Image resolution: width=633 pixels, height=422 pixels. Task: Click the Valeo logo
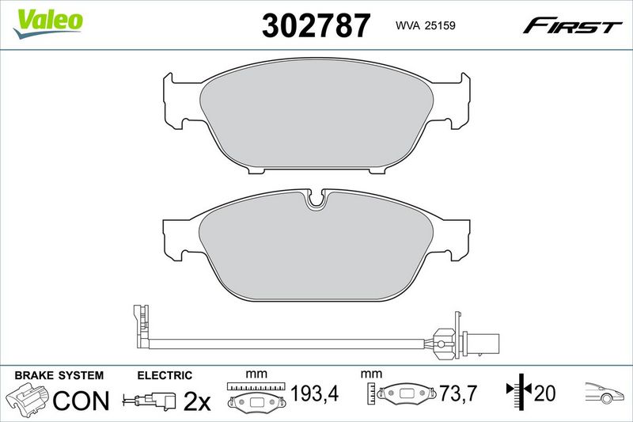pyautogui.click(x=47, y=24)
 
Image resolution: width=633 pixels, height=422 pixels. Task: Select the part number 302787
pyautogui.click(x=316, y=25)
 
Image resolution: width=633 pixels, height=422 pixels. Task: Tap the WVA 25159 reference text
pyautogui.click(x=425, y=25)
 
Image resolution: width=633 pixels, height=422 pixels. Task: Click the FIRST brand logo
pyautogui.click(x=572, y=26)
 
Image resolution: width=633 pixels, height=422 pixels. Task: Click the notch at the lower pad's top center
pyautogui.click(x=316, y=200)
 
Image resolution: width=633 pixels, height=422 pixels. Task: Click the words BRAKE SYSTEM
pyautogui.click(x=59, y=375)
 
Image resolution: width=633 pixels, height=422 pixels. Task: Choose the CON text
pyautogui.click(x=81, y=401)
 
